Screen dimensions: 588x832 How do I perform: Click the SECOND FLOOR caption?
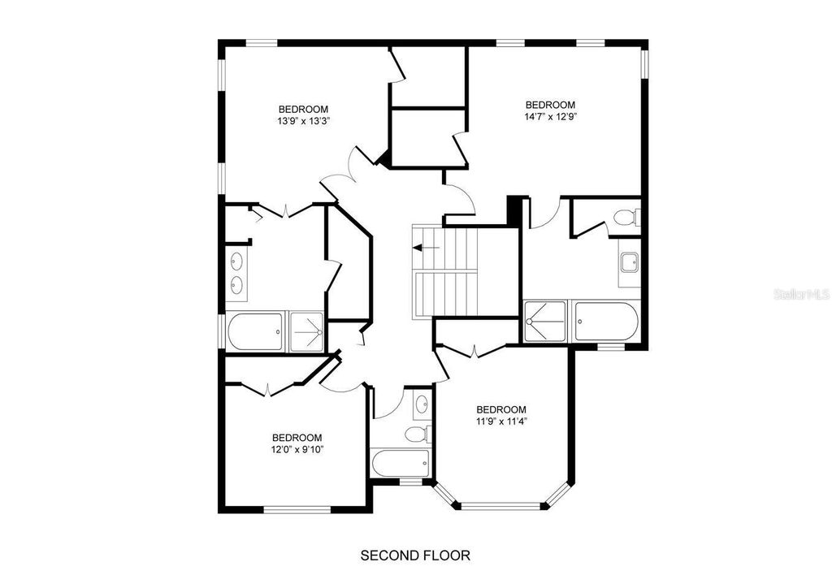tap(415, 556)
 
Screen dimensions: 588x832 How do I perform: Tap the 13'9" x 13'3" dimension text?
tap(303, 121)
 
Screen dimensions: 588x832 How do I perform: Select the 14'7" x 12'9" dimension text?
tap(550, 116)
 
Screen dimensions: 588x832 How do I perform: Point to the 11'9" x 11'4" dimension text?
tap(500, 421)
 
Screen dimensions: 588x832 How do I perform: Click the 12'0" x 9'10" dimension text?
tap(297, 448)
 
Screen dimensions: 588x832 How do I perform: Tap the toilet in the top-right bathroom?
tap(626, 218)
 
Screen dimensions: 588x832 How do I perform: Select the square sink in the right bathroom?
tap(629, 262)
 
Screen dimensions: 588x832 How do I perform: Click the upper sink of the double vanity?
tap(237, 262)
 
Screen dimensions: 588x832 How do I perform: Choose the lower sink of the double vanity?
tap(237, 285)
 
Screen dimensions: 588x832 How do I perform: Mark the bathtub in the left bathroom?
tap(255, 331)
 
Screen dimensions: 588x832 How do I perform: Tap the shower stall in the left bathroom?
tap(307, 331)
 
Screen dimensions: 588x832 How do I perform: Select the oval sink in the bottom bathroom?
tap(422, 404)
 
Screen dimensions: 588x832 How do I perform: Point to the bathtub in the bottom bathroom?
tap(400, 464)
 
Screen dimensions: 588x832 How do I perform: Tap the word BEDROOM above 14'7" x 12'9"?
tap(550, 105)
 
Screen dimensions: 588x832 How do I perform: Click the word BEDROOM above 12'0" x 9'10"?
tap(297, 437)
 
